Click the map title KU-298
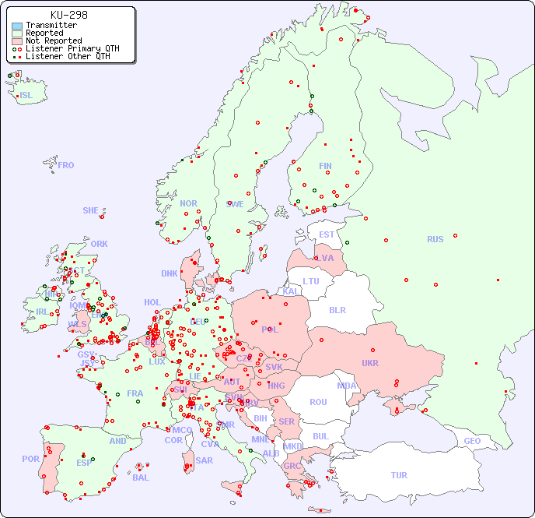[68, 15]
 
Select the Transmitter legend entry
[51, 25]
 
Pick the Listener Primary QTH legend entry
[72, 48]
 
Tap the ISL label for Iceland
[26, 96]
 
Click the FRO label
[66, 165]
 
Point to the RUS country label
[435, 239]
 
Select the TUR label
[399, 475]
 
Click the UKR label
[370, 363]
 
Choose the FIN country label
[325, 166]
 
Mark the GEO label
[472, 441]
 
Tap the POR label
[30, 459]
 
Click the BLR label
[337, 309]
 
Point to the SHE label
[91, 210]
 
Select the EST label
[327, 234]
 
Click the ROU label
[318, 402]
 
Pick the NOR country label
[188, 203]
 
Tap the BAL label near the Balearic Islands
[141, 477]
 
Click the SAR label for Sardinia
[205, 460]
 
